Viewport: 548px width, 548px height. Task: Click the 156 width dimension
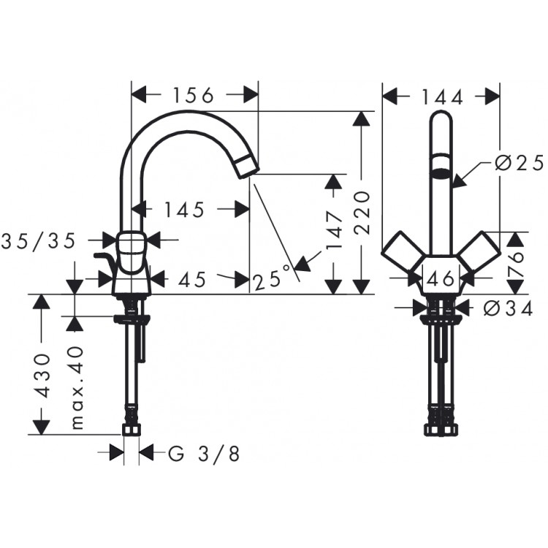point(194,96)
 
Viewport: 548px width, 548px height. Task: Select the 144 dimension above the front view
point(442,96)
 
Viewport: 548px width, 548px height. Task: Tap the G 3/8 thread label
point(204,454)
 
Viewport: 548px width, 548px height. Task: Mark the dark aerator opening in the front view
point(441,175)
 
